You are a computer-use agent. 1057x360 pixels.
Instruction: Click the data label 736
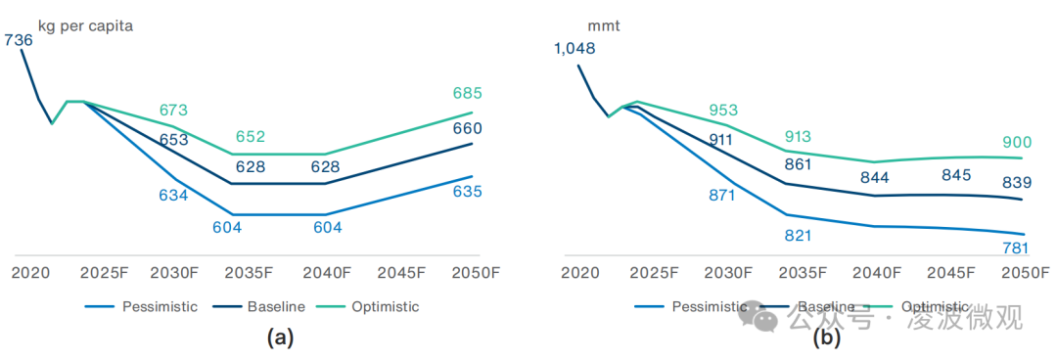point(19,40)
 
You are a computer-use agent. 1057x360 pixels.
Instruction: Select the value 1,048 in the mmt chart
point(574,48)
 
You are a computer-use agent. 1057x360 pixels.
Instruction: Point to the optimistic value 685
point(467,94)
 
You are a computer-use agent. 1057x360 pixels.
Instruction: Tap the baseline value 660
point(467,129)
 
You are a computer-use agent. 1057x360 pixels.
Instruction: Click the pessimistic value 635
point(467,192)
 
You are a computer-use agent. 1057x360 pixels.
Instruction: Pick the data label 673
point(173,111)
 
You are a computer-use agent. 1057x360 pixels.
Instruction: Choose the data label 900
point(1017,143)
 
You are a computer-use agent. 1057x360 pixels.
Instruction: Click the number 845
point(955,176)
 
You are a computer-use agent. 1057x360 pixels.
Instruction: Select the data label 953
point(723,111)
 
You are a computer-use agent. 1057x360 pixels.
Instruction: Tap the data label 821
point(798,236)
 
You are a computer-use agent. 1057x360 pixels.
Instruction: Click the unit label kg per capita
point(85,26)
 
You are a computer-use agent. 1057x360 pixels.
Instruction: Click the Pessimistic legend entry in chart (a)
point(160,306)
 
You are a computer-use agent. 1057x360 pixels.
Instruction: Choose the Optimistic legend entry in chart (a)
point(384,306)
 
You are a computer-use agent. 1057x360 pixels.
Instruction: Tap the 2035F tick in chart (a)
point(251,272)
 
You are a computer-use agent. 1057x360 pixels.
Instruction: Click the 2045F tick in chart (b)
point(951,272)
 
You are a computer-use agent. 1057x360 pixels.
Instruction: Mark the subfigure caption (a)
point(280,338)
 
